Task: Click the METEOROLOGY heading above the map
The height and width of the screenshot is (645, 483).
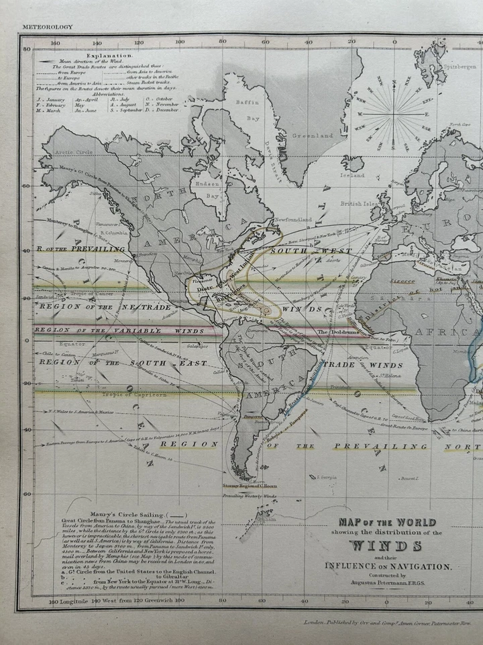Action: pyautogui.click(x=46, y=27)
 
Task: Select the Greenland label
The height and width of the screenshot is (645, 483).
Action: pyautogui.click(x=315, y=136)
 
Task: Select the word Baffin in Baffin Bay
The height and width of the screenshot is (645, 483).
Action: pyautogui.click(x=249, y=103)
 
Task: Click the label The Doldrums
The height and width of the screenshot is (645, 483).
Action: pyautogui.click(x=332, y=332)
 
